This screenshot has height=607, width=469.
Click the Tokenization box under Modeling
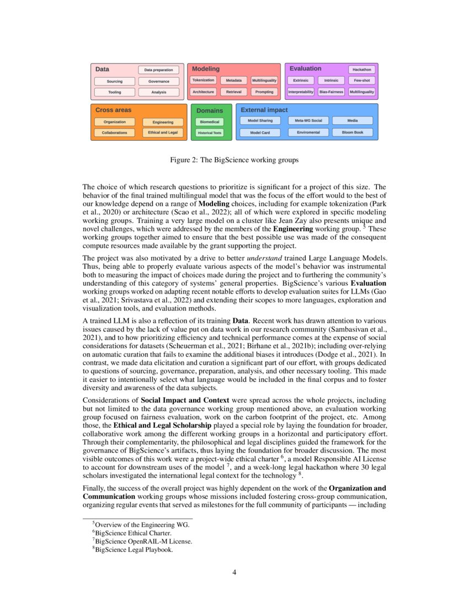(x=204, y=81)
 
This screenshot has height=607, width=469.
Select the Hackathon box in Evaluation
(x=362, y=70)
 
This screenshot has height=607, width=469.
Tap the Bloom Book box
(x=352, y=132)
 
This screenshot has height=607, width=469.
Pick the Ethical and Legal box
(x=162, y=132)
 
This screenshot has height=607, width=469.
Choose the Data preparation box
(x=158, y=70)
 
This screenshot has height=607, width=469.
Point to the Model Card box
(x=260, y=132)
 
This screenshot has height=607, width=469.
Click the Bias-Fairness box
(x=331, y=92)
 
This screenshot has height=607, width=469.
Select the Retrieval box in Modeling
(x=233, y=92)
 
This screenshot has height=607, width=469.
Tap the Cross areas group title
(x=113, y=110)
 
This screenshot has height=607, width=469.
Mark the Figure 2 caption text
(x=234, y=161)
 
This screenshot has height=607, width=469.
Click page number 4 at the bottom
(x=234, y=572)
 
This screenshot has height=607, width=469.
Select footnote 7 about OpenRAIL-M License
(x=143, y=541)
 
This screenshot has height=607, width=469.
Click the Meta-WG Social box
(x=308, y=120)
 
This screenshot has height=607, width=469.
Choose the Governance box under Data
(x=159, y=81)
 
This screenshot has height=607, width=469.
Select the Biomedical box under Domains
(x=210, y=121)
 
